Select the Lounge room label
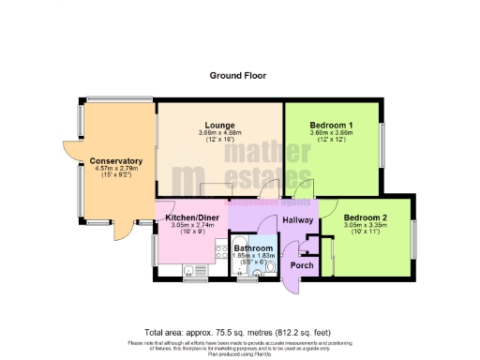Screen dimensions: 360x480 [x=220, y=125]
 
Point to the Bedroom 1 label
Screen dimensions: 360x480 [x=332, y=125]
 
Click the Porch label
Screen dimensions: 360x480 [x=301, y=264]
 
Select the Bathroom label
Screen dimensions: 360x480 [x=254, y=247]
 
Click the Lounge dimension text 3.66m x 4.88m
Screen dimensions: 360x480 [x=220, y=133]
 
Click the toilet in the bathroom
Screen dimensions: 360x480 [x=270, y=267]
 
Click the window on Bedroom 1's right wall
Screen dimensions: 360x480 [x=381, y=143]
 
